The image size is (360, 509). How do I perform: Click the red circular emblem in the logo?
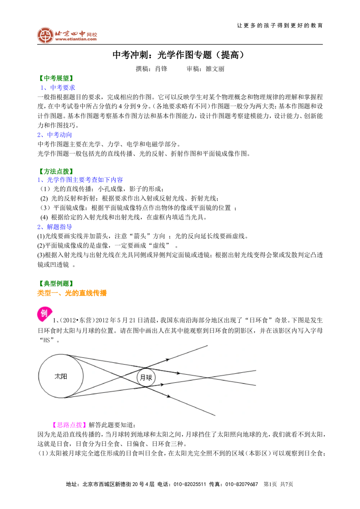(x=45, y=35)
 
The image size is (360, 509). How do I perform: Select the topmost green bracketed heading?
(x=56, y=78)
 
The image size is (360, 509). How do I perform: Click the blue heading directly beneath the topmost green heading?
(x=58, y=87)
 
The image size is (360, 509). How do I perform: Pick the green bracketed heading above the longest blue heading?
(x=56, y=171)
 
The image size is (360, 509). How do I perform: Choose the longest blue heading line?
(x=81, y=179)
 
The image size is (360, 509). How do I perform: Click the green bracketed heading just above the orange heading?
(x=56, y=283)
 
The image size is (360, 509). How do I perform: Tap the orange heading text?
(x=72, y=292)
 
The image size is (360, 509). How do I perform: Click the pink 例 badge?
(x=44, y=314)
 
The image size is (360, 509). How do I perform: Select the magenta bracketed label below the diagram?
(x=69, y=424)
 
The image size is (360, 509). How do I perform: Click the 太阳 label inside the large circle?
(x=61, y=377)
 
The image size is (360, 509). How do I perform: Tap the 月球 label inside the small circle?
(x=146, y=378)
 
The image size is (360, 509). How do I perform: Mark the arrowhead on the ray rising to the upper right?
(x=167, y=359)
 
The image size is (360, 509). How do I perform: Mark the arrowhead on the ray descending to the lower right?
(x=168, y=396)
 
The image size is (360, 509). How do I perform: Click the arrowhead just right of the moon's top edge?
(x=178, y=373)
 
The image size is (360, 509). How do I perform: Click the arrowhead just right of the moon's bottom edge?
(x=162, y=385)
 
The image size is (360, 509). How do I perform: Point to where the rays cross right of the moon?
(x=208, y=377)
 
